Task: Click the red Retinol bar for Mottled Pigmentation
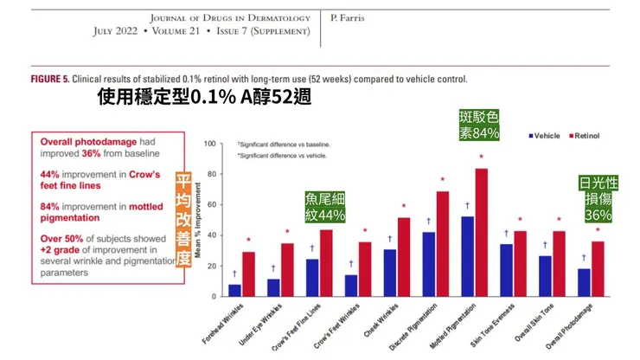[482, 232]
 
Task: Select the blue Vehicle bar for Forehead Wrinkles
[234, 290]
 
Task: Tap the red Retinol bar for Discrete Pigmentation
[442, 244]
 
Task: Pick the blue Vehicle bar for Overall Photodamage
[584, 282]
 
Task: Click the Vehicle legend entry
[544, 136]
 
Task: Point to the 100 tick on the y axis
[208, 144]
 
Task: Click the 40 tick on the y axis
[210, 235]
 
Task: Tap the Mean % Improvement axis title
[197, 221]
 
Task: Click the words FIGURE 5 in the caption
[49, 79]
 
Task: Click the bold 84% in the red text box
[51, 207]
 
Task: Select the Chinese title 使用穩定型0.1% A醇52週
[205, 98]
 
